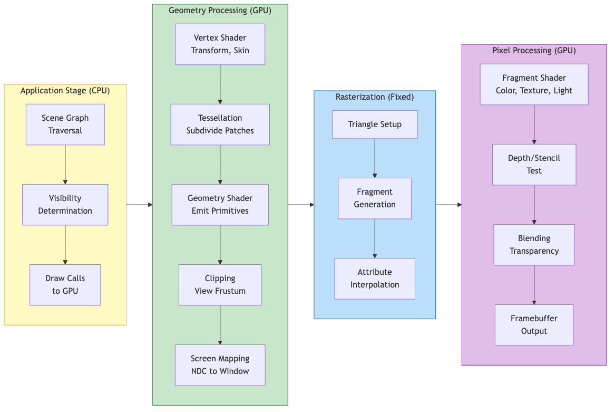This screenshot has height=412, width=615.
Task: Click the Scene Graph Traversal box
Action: (x=65, y=124)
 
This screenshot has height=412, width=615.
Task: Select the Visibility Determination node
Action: (x=65, y=205)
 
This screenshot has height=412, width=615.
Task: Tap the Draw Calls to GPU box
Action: (x=65, y=285)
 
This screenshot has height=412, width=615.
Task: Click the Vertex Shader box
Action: (x=220, y=44)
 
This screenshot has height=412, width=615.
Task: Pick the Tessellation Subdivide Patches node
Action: (x=220, y=124)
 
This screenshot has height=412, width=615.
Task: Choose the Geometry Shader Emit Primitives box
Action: (x=220, y=205)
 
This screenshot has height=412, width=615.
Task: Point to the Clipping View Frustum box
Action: (x=220, y=285)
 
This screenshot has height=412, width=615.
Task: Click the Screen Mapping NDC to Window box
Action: (x=220, y=365)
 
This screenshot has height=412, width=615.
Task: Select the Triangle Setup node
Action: (x=375, y=124)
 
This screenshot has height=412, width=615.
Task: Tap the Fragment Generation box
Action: (x=375, y=198)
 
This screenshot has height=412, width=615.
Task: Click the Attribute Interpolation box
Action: (x=375, y=279)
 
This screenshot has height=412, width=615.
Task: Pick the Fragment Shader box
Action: (x=534, y=84)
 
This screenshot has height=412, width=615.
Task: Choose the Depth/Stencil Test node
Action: (x=534, y=165)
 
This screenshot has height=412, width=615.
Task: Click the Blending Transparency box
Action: (x=534, y=245)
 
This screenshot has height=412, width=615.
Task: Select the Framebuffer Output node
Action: (x=534, y=325)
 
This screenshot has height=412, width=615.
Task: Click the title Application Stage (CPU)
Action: (x=65, y=91)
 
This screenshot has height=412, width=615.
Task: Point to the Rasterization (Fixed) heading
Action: (x=375, y=97)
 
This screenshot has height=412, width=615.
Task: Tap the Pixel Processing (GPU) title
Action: (x=534, y=51)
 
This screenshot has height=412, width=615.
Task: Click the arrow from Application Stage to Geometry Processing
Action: (x=140, y=205)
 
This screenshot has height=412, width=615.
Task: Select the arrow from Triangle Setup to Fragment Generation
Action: (x=375, y=158)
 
